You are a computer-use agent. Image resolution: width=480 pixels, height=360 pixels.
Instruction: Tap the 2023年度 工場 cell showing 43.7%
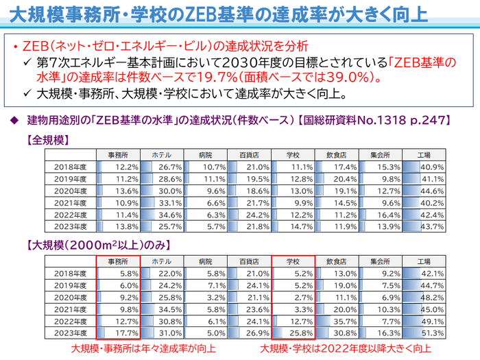tap(424, 226)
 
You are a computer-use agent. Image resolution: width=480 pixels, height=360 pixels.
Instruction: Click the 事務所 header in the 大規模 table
tap(118, 261)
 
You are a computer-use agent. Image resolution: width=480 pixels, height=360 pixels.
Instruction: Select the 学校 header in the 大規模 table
tap(293, 261)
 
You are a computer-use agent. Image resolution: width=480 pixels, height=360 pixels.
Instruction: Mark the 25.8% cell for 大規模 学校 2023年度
tap(293, 333)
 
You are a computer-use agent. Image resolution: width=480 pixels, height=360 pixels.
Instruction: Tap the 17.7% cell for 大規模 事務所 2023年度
tap(118, 333)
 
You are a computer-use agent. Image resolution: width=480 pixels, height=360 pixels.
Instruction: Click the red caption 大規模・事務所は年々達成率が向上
tap(143, 348)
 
